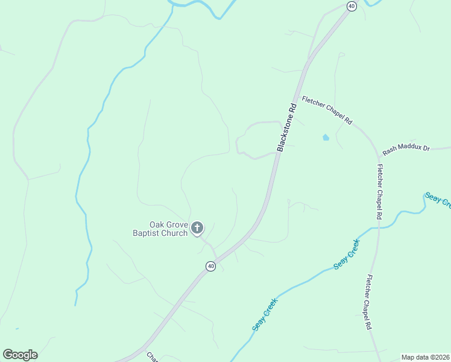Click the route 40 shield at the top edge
point(352,6)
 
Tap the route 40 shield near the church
point(210,266)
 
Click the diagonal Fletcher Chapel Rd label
point(327,110)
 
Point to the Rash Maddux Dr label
point(406,148)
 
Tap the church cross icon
point(197,228)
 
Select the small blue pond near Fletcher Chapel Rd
point(326,138)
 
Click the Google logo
point(20,355)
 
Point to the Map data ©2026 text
point(425,357)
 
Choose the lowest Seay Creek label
point(265,314)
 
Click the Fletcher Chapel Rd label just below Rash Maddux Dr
point(379,191)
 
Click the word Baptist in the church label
point(148,233)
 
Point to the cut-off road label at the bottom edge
point(152,357)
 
